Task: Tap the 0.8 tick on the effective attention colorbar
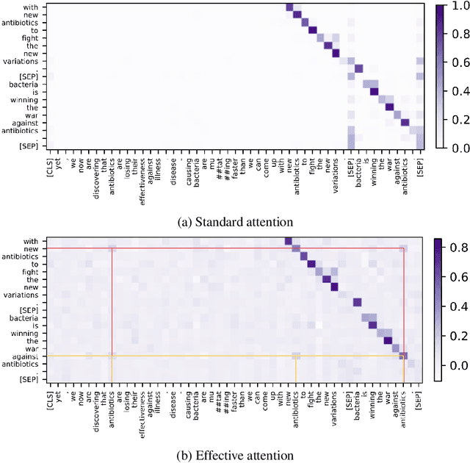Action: pyautogui.click(x=456, y=248)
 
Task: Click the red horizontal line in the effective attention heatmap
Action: pyautogui.click(x=220, y=248)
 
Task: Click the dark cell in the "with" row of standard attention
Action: pyautogui.click(x=289, y=7)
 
